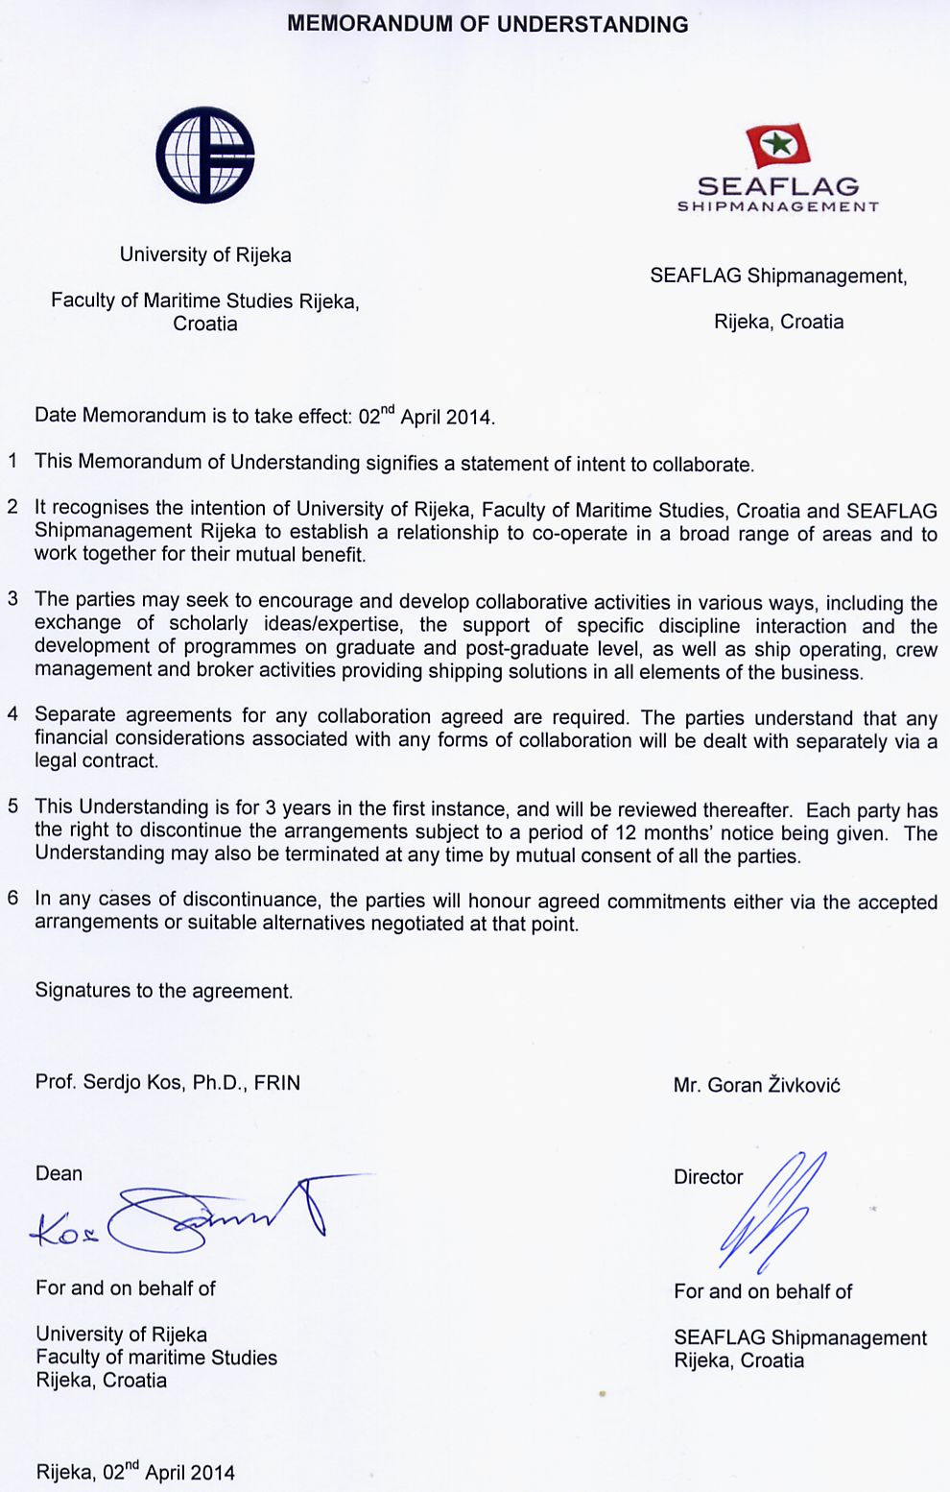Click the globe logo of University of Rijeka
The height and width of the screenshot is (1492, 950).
(205, 155)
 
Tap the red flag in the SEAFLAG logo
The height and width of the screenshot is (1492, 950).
(778, 146)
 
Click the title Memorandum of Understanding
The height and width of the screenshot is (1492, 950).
(487, 25)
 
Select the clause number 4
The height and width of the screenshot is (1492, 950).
(12, 714)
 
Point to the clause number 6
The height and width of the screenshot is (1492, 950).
(12, 899)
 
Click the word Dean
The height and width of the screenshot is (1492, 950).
(59, 1173)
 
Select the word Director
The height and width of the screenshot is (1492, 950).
(708, 1177)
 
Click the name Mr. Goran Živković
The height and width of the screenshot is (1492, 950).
(756, 1085)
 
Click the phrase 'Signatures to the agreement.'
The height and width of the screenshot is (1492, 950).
(163, 991)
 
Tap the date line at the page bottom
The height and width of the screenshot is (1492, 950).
(135, 1472)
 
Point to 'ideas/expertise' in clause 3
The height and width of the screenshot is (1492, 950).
(332, 624)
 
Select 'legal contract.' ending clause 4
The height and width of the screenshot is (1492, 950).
(96, 760)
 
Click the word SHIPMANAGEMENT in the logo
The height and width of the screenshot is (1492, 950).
(778, 206)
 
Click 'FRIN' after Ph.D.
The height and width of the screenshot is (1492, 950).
(277, 1082)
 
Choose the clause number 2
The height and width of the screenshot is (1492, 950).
(12, 507)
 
